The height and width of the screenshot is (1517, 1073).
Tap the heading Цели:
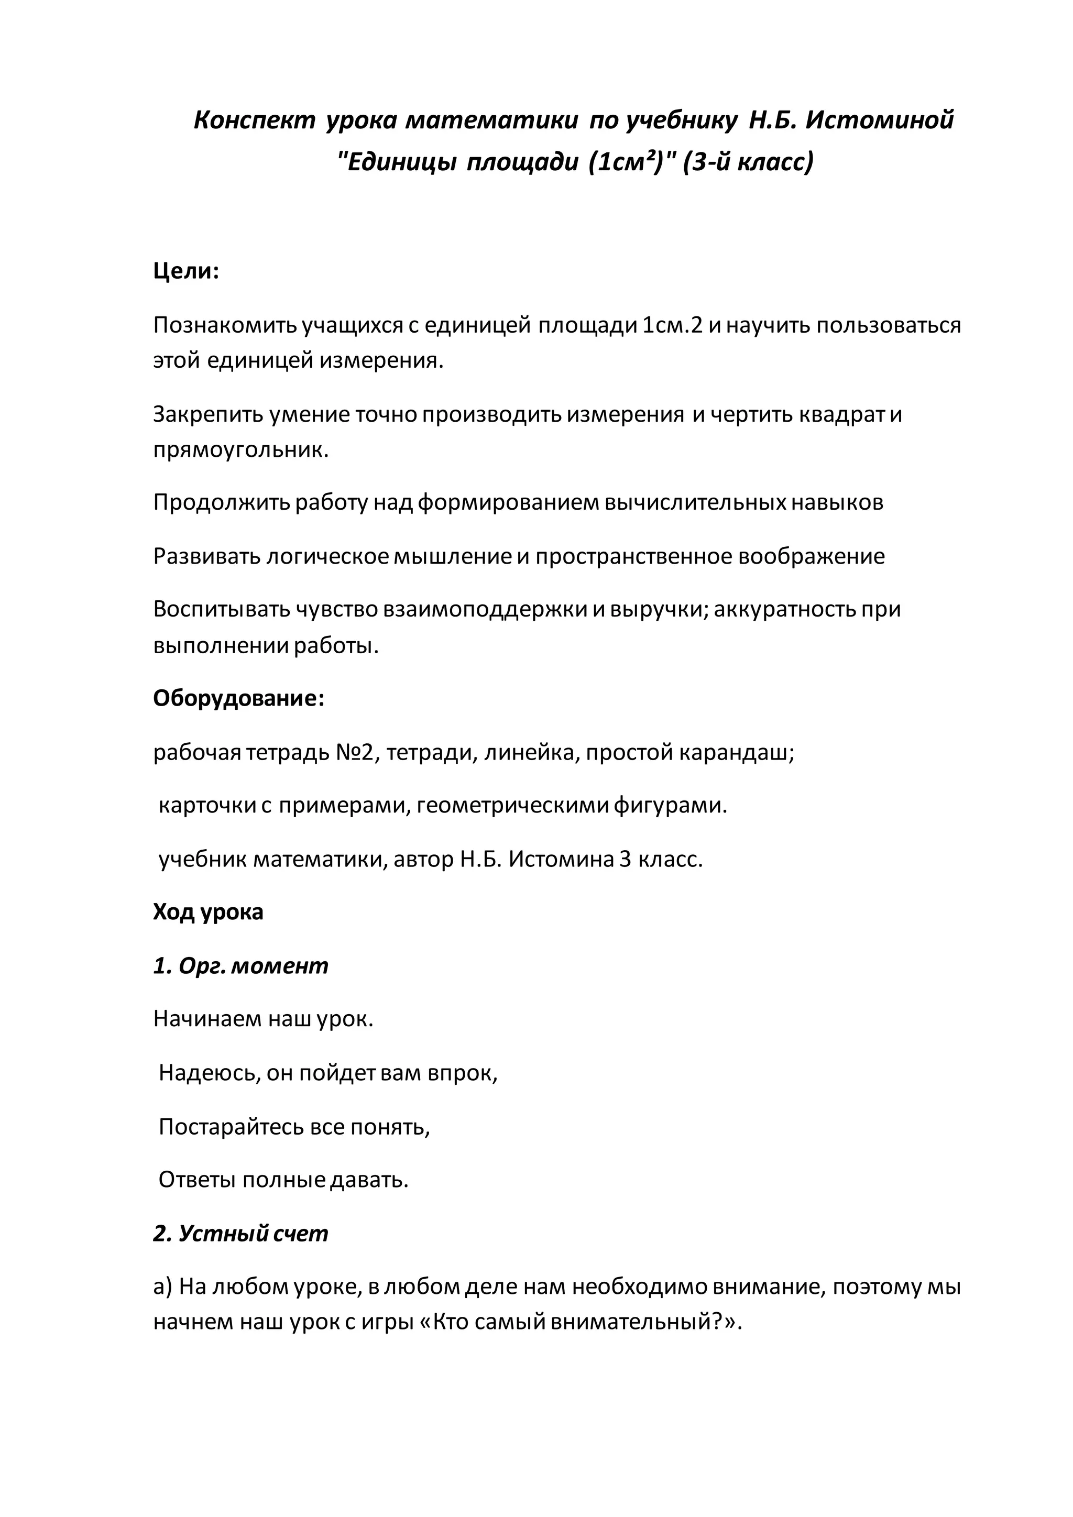185,271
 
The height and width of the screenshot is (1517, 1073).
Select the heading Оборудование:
238,698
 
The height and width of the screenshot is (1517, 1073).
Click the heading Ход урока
208,912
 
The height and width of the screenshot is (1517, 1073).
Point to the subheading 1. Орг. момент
240,965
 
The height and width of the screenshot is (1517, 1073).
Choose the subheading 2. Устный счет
240,1233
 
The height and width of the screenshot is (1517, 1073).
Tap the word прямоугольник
240,450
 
